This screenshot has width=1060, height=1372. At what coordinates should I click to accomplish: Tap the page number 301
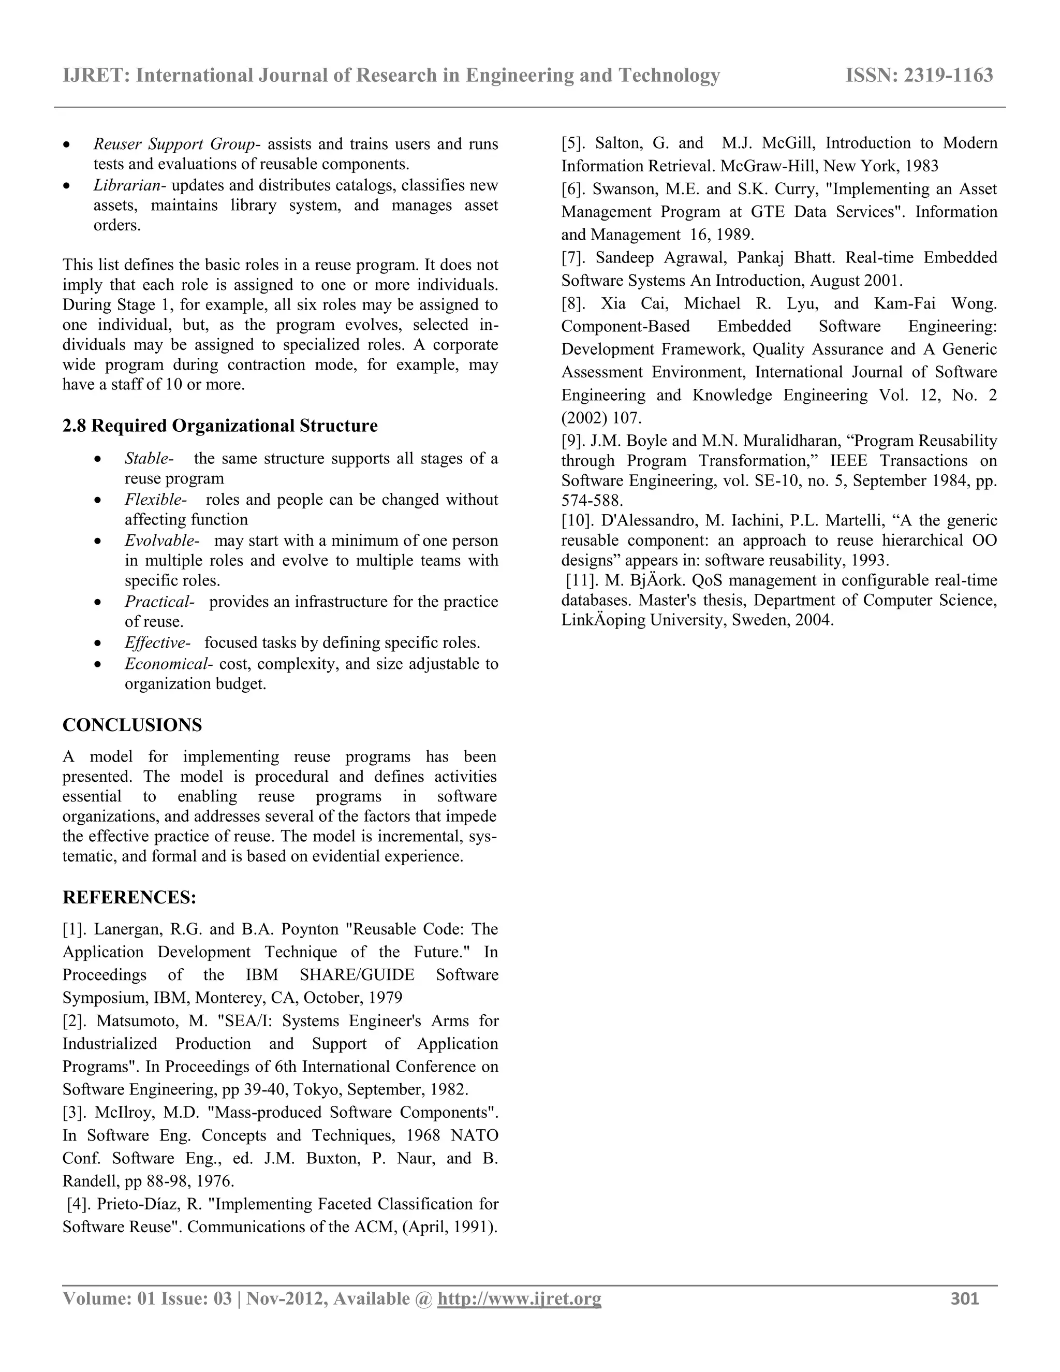tap(965, 1298)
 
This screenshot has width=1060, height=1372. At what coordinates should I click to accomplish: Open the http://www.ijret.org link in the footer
tap(519, 1298)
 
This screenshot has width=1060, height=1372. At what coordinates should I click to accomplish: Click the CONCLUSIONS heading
tap(132, 725)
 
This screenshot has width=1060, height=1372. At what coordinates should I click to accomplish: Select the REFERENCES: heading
tap(129, 898)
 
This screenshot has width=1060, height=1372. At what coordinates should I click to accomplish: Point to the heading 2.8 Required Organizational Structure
tap(220, 426)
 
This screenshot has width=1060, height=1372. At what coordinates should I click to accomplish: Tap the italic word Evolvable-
tap(161, 540)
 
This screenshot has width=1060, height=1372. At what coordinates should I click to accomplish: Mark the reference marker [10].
tap(578, 520)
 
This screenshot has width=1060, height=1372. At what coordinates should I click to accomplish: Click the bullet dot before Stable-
tap(97, 460)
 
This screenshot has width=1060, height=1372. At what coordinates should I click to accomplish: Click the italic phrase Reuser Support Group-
tap(177, 144)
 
